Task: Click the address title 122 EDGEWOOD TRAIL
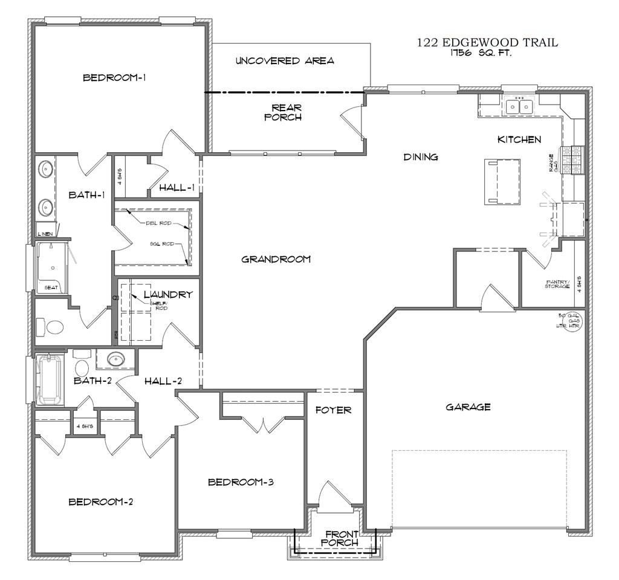pyautogui.click(x=487, y=43)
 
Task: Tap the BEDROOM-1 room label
pyautogui.click(x=115, y=77)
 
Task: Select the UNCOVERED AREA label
pyautogui.click(x=285, y=60)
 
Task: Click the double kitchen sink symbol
pyautogui.click(x=519, y=107)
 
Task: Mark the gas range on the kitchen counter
pyautogui.click(x=572, y=159)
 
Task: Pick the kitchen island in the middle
pyautogui.click(x=502, y=181)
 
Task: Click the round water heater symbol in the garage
pyautogui.click(x=571, y=321)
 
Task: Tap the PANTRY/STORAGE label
pyautogui.click(x=557, y=283)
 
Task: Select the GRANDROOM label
pyautogui.click(x=276, y=259)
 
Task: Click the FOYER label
pyautogui.click(x=334, y=410)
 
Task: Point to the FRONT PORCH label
pyautogui.click(x=342, y=538)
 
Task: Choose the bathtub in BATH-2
pyautogui.click(x=49, y=379)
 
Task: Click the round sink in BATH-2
pyautogui.click(x=115, y=360)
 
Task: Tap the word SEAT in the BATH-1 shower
pyautogui.click(x=51, y=288)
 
